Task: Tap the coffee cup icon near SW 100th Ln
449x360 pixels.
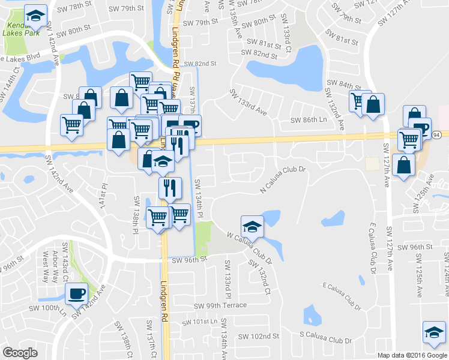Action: (x=76, y=294)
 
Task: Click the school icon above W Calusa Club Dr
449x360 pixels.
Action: (x=252, y=227)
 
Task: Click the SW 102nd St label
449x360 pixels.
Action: (x=259, y=336)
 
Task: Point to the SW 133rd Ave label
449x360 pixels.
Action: (x=248, y=103)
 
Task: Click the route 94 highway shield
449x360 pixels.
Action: (x=436, y=136)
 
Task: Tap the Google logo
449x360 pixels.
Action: (x=20, y=352)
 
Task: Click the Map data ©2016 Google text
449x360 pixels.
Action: (x=412, y=355)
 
